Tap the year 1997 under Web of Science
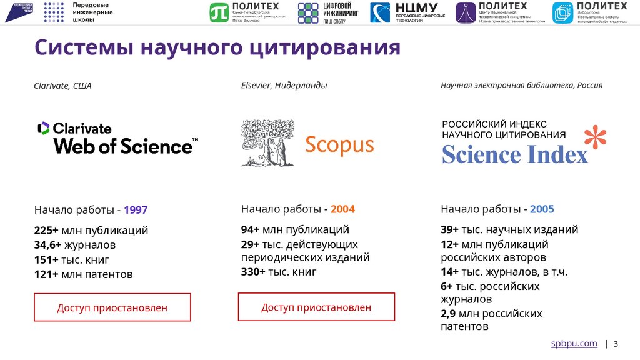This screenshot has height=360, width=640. tap(136, 210)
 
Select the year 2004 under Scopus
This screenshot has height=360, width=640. tap(342, 209)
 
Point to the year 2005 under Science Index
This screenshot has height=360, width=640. tap(542, 209)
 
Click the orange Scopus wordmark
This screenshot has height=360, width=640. tap(339, 145)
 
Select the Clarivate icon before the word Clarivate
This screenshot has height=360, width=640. tap(44, 128)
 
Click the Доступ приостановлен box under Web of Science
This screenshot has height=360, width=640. tap(112, 307)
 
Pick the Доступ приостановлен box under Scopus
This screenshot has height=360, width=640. tap(316, 307)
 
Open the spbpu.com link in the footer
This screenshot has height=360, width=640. tap(574, 344)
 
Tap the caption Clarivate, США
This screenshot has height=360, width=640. tap(62, 86)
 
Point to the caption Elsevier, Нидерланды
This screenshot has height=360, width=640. tap(284, 85)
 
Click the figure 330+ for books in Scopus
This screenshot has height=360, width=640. tap(253, 272)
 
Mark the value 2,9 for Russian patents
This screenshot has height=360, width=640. tap(449, 313)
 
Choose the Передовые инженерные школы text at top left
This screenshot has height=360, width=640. tap(92, 12)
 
